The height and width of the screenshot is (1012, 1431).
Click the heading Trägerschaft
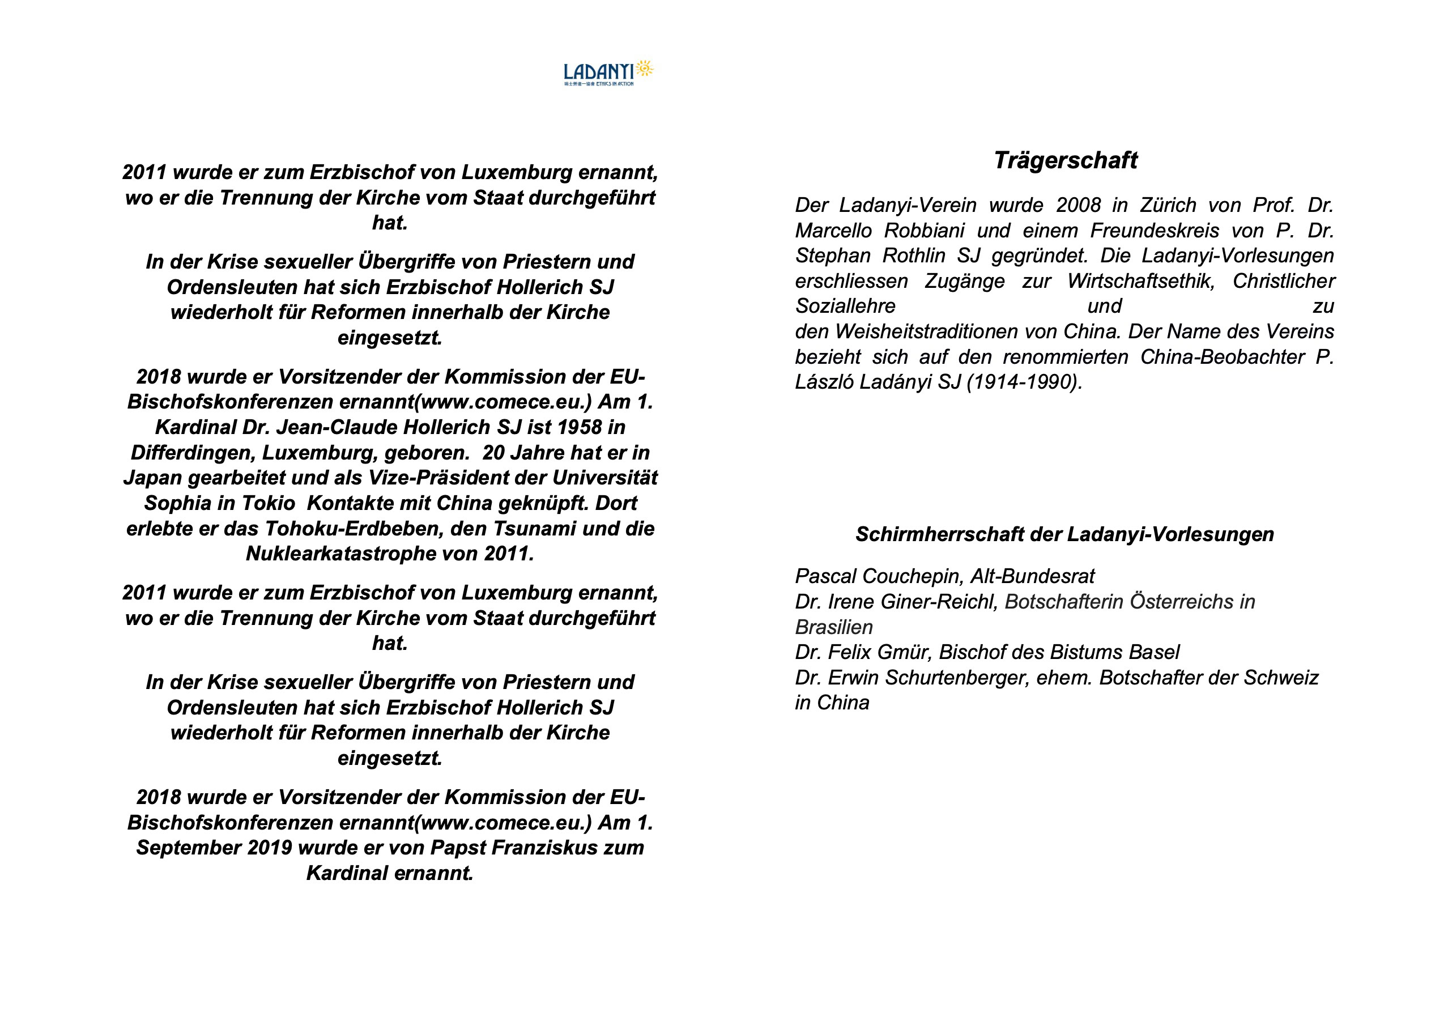tap(1065, 160)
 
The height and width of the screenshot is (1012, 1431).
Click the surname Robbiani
tap(925, 231)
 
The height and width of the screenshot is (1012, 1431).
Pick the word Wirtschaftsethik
tap(1140, 281)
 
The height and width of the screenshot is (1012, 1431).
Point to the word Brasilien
tap(834, 627)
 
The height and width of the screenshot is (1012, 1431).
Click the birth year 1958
tap(579, 427)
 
